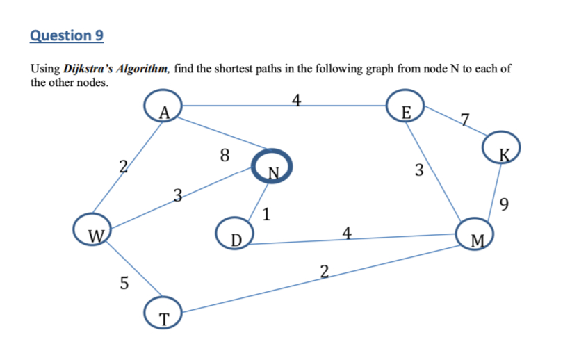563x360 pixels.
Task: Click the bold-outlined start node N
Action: [x=270, y=167]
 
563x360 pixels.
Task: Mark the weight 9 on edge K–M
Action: [x=505, y=204]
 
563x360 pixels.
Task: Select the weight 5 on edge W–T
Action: [x=124, y=283]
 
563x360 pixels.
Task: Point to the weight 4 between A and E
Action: [x=296, y=99]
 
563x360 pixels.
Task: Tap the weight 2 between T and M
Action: [x=325, y=270]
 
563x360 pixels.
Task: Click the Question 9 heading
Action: [x=67, y=35]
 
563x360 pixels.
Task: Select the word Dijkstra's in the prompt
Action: [x=90, y=69]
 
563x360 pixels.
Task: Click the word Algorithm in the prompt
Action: [x=144, y=69]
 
